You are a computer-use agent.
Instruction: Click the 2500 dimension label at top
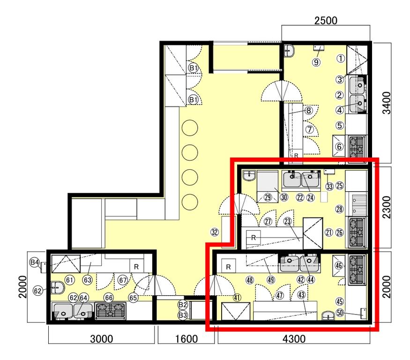326,21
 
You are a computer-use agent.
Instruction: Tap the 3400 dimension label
387,103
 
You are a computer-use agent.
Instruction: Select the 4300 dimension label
294,339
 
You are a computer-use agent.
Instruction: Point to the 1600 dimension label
186,339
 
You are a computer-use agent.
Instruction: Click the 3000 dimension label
102,339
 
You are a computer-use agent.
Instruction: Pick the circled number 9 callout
316,62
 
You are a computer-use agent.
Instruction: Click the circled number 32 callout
215,232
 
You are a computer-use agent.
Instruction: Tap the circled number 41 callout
237,298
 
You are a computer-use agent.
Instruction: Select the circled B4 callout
35,262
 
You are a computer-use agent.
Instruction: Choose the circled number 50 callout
339,313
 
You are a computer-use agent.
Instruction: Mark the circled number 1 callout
341,58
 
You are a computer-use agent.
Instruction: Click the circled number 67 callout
123,280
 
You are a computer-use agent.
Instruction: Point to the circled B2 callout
183,305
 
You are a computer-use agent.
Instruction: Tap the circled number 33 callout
329,187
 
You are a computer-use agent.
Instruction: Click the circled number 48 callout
250,280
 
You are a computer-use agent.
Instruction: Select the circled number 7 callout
310,129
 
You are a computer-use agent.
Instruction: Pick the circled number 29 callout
268,197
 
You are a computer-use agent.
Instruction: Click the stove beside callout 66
110,311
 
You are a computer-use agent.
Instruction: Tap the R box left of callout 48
229,267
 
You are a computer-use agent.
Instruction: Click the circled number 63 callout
88,280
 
